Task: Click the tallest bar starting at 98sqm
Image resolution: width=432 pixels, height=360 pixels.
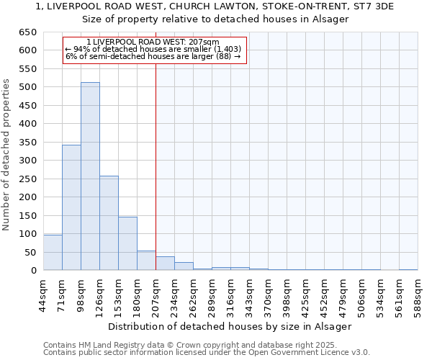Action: click(x=90, y=176)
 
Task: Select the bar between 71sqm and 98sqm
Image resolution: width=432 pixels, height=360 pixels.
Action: click(x=71, y=207)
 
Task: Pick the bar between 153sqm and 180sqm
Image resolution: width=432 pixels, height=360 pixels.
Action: click(x=127, y=243)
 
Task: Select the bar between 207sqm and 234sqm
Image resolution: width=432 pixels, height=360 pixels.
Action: click(x=165, y=264)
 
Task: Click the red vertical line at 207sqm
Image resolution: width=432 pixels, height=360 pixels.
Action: click(x=156, y=166)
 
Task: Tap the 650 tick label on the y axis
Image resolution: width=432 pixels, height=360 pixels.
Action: click(x=27, y=32)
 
